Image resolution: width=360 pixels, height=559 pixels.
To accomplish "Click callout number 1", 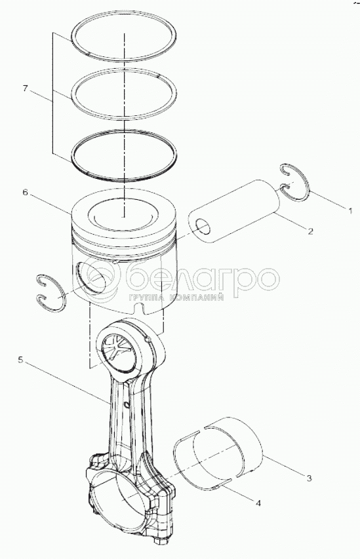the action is point(350,211).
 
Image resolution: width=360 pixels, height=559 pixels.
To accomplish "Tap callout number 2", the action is point(310,231).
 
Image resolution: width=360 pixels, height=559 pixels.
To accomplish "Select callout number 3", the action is point(310,478).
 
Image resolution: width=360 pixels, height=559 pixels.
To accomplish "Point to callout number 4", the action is point(258,503).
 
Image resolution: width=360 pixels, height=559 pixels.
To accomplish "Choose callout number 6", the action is point(25,192).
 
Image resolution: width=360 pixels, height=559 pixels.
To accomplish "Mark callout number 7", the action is point(25,88).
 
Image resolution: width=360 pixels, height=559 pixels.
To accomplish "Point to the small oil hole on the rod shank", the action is point(127,404).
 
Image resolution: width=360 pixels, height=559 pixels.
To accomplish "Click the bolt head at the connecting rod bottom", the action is point(159,540).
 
